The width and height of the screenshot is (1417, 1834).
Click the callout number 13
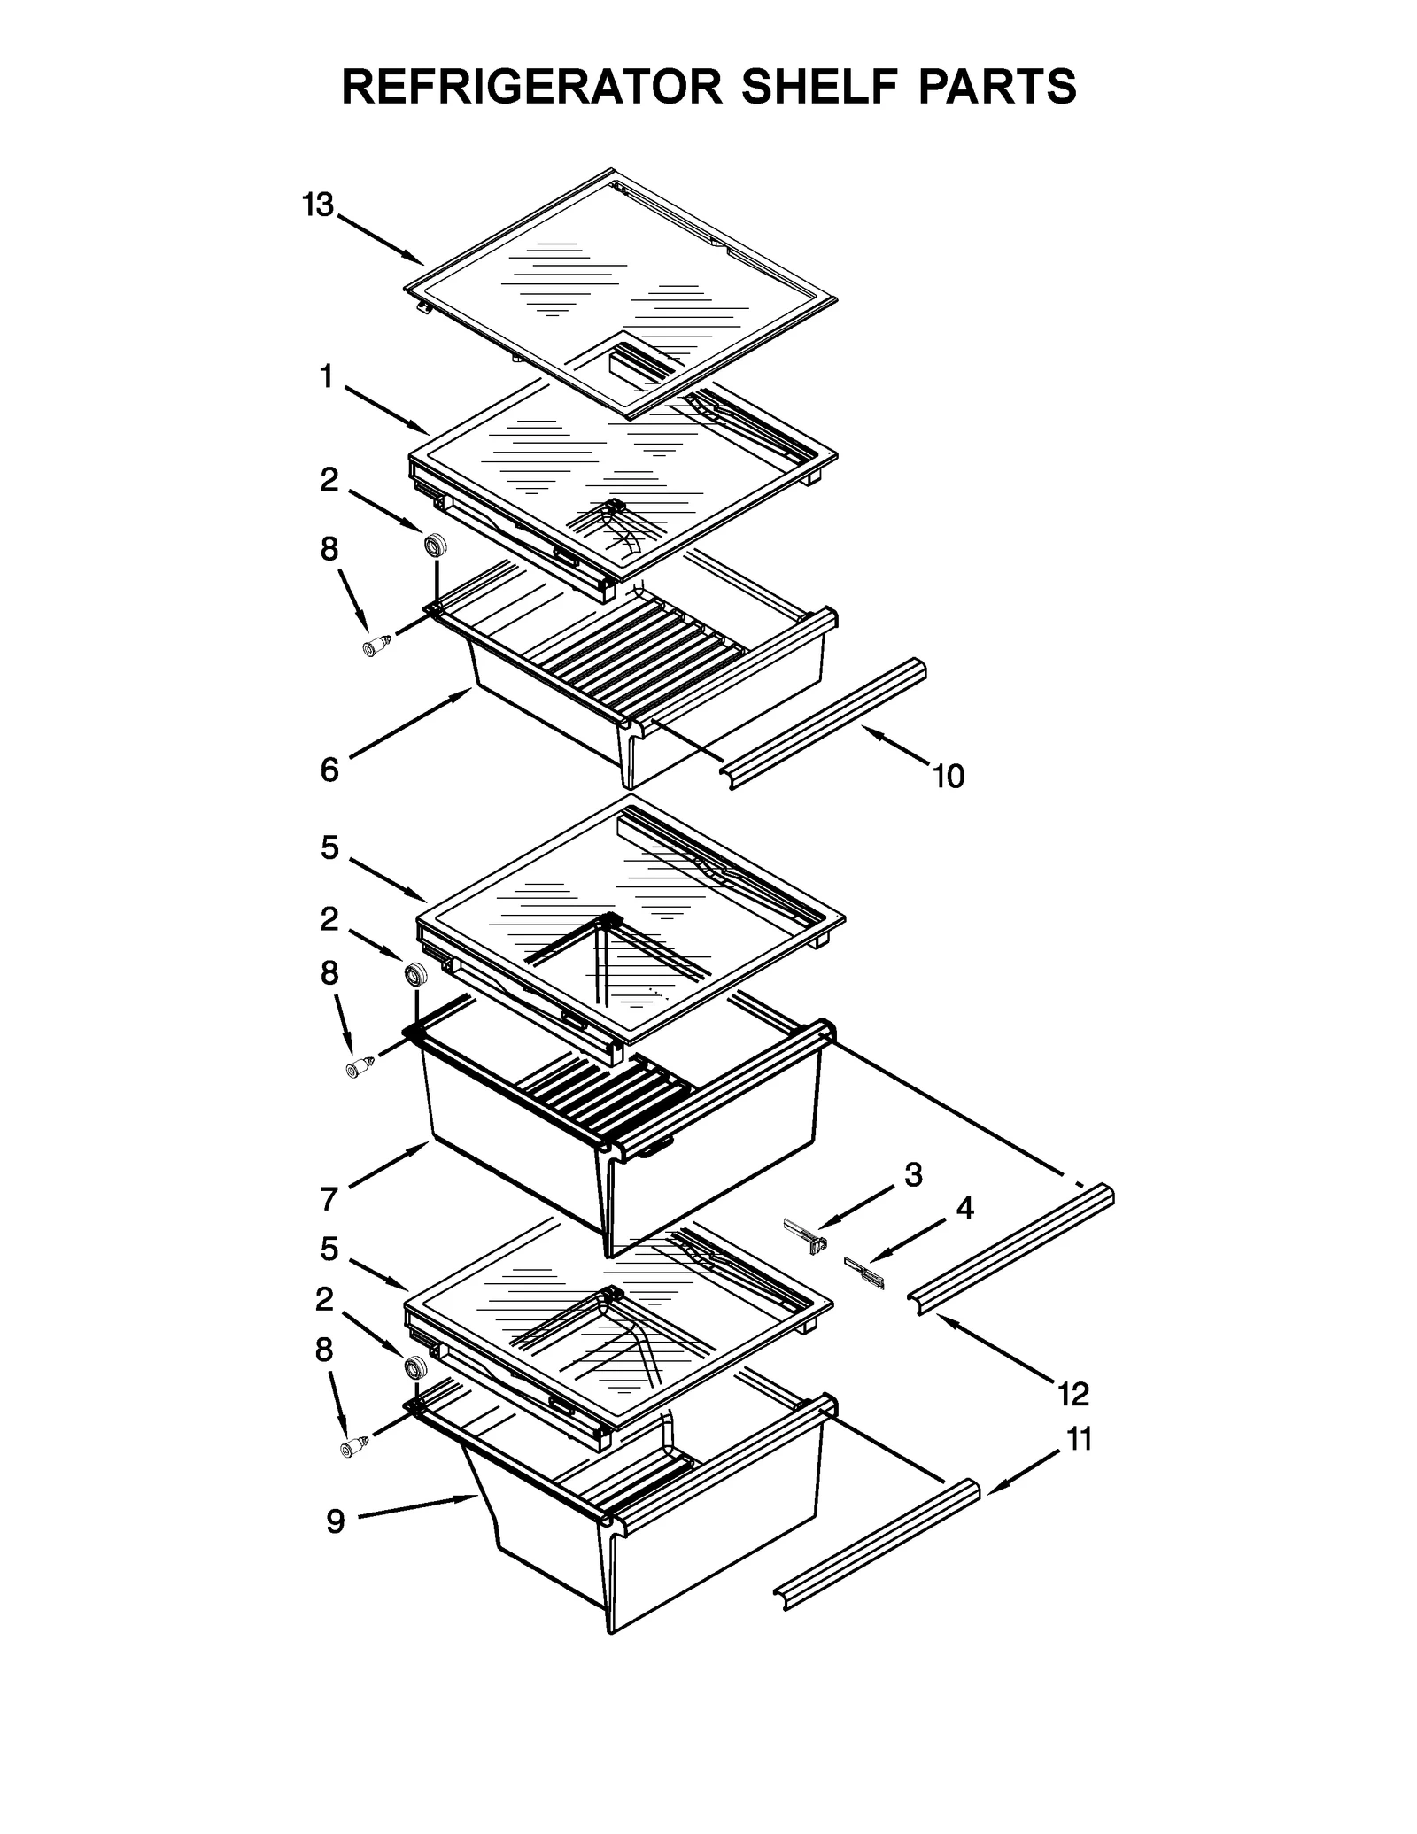click(x=317, y=205)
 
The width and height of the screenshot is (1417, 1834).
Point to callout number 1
click(x=327, y=378)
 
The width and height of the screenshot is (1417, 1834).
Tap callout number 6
click(x=329, y=770)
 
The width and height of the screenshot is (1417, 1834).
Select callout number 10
click(x=948, y=777)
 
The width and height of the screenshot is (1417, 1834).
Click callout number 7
click(x=329, y=1200)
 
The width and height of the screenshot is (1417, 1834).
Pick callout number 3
click(x=913, y=1175)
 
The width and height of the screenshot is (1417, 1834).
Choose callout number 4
click(x=964, y=1208)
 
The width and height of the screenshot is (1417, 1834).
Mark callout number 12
click(x=1072, y=1395)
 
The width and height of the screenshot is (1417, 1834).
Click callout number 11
click(x=1079, y=1440)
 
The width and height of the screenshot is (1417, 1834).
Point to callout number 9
click(x=335, y=1521)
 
